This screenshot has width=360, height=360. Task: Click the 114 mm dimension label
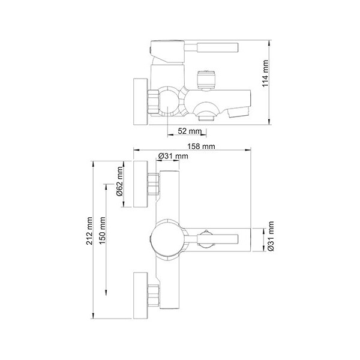(x=265, y=73)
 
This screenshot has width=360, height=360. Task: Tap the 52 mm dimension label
(x=190, y=131)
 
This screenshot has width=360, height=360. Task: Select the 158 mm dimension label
(x=201, y=146)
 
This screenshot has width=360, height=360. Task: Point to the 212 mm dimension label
(x=89, y=231)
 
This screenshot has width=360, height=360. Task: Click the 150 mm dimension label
(x=103, y=230)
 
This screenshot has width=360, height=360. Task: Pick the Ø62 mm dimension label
(x=120, y=181)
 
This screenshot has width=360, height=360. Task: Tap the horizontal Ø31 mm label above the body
(x=173, y=156)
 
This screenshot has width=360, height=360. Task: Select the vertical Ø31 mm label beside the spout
(x=271, y=236)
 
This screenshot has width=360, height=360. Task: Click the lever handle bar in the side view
(x=217, y=47)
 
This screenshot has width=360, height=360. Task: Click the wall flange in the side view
(x=140, y=102)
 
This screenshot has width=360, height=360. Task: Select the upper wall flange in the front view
(x=140, y=184)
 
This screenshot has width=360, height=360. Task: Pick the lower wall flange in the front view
(x=140, y=296)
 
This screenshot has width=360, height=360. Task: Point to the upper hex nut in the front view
(x=153, y=184)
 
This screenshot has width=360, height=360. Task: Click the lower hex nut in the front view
(x=153, y=295)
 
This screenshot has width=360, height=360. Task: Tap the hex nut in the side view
(x=154, y=102)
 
